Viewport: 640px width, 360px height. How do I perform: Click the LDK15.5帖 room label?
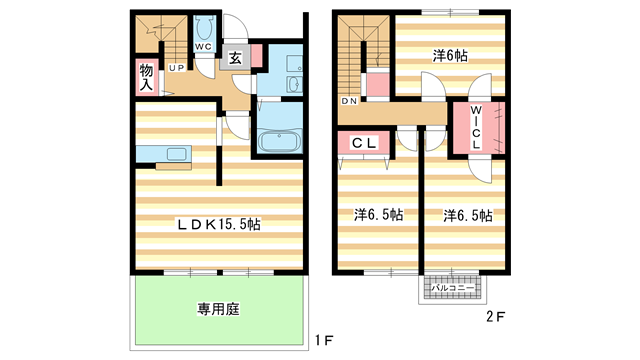[x=218, y=224]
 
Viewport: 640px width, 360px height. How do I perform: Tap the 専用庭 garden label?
[x=218, y=309]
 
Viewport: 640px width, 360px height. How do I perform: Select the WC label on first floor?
[x=203, y=47]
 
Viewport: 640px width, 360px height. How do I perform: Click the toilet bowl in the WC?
[x=203, y=29]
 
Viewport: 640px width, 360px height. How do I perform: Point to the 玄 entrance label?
[x=235, y=58]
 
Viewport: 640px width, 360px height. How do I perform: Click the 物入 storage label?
[x=146, y=77]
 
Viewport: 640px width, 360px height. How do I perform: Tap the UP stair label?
[x=177, y=68]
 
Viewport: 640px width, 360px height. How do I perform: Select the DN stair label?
[x=349, y=101]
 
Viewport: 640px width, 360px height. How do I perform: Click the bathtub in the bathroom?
[x=280, y=140]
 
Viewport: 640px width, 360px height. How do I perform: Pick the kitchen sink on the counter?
[x=177, y=154]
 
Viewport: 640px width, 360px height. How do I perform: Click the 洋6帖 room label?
[x=450, y=56]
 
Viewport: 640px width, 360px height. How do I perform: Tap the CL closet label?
[x=364, y=143]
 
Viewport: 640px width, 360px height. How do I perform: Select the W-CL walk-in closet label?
[x=476, y=127]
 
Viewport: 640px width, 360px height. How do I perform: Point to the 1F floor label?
[x=324, y=340]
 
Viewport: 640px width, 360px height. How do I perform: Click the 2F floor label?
[x=496, y=317]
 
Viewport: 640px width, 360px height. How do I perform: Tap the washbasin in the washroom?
[x=294, y=85]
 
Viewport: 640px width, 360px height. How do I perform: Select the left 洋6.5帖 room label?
[x=378, y=214]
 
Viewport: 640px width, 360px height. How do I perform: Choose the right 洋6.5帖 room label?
[x=468, y=215]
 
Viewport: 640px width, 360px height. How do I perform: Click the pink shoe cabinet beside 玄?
[x=256, y=55]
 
